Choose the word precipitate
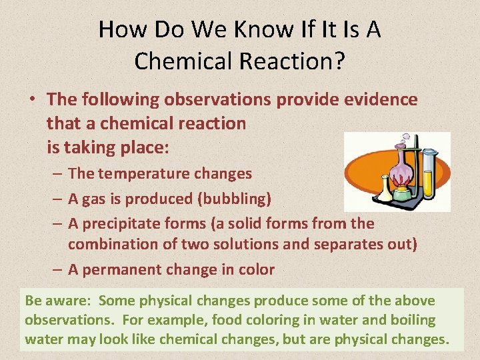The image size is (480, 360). click(124, 223)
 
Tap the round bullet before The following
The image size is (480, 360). click(31, 100)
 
